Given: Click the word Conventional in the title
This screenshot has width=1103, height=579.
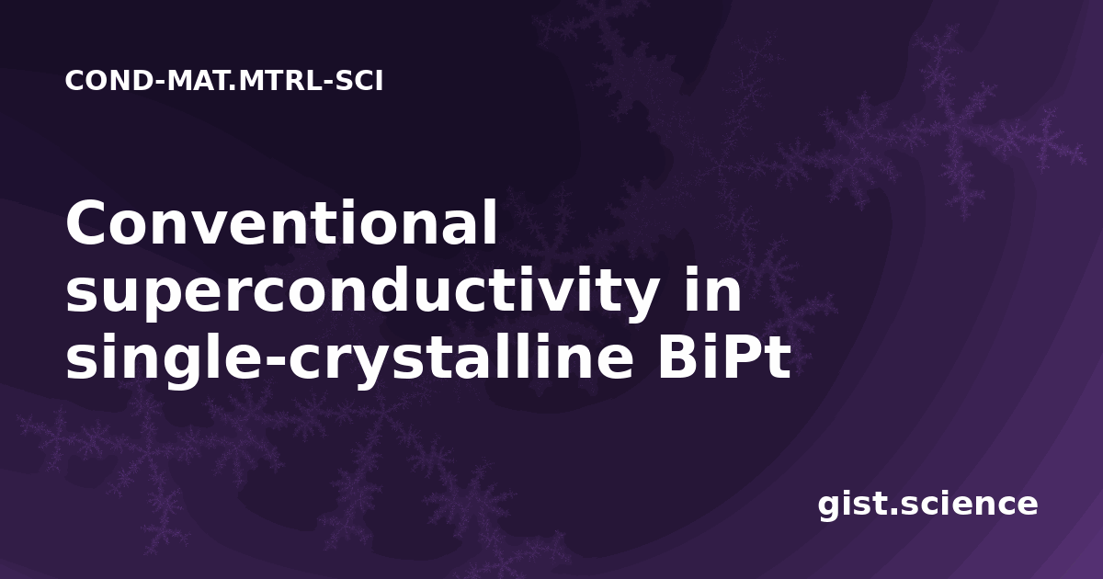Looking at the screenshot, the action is [281, 222].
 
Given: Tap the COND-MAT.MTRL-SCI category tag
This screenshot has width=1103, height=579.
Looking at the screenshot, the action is [224, 81].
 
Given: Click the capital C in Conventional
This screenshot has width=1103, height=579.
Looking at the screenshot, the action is [86, 222].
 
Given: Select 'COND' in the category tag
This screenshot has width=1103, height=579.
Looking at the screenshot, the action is [108, 81].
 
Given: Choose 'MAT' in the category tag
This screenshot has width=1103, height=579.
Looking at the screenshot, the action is [199, 81].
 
